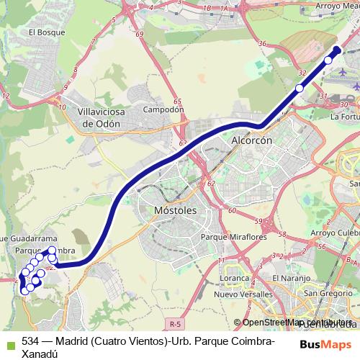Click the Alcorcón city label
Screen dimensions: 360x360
click(x=251, y=141)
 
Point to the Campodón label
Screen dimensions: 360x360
click(x=165, y=110)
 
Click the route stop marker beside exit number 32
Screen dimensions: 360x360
click(x=300, y=89)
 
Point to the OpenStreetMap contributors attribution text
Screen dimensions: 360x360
click(x=294, y=323)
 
